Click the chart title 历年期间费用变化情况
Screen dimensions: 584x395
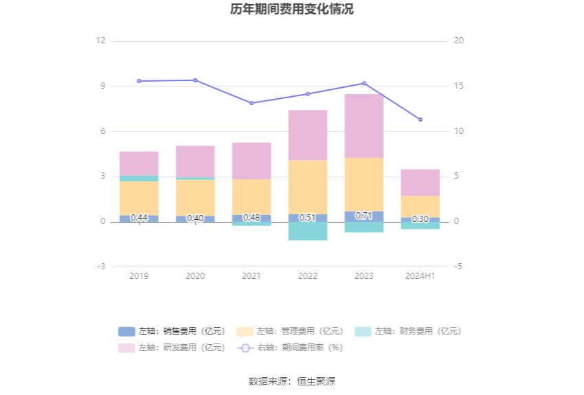[291, 9]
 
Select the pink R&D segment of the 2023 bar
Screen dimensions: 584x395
[364, 126]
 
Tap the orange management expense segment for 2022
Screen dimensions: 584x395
[308, 188]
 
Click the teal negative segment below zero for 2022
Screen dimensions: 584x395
[308, 232]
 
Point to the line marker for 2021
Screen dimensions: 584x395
[251, 103]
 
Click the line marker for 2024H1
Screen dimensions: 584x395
[420, 120]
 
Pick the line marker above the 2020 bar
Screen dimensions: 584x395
[195, 80]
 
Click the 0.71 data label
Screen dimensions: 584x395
[364, 216]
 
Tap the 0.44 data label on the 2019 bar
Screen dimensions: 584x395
[139, 217]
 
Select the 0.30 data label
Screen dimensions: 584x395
[420, 219]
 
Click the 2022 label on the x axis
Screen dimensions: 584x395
[308, 276]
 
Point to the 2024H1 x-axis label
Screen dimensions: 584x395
[420, 276]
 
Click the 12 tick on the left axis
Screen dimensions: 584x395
[100, 41]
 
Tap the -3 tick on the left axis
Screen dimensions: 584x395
[101, 267]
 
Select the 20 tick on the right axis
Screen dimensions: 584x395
[458, 41]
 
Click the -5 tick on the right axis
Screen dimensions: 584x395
[458, 267]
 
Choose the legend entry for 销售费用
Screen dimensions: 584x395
[172, 331]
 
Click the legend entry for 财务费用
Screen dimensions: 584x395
[408, 331]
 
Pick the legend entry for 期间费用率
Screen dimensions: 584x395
[290, 348]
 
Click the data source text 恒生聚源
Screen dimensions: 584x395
[316, 381]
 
